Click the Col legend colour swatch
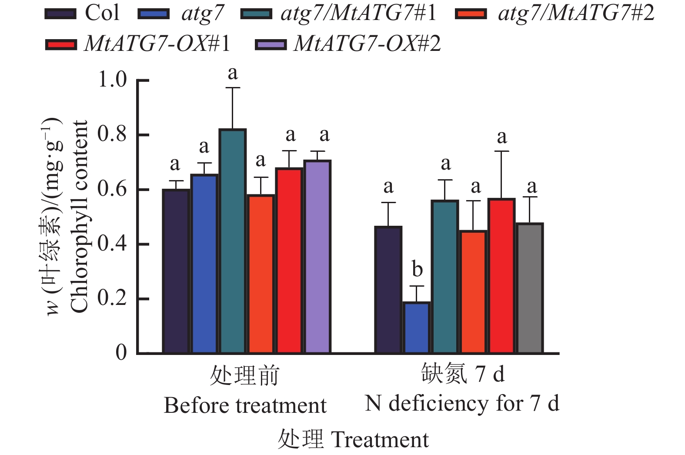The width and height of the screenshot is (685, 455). point(61,14)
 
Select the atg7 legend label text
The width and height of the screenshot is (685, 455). point(202,13)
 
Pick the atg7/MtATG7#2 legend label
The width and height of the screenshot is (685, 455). point(576,13)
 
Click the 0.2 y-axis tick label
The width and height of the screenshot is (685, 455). point(112,298)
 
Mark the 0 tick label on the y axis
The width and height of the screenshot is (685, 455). point(121,352)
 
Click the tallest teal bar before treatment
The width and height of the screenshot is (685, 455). point(233,241)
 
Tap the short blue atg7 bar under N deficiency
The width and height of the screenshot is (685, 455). point(417,327)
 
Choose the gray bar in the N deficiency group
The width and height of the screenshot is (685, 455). point(530,288)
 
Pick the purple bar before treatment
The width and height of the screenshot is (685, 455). point(317,257)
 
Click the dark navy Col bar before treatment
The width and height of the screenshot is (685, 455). point(176,271)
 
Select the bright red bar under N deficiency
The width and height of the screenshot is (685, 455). point(501,276)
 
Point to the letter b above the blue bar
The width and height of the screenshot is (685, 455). point(417,269)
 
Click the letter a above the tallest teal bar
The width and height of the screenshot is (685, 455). point(233,73)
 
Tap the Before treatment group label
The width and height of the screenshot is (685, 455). point(245,405)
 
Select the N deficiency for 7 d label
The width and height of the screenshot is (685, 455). point(462,403)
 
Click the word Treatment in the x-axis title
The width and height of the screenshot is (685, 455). point(380,439)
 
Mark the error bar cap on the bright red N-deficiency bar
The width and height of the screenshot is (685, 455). point(501,151)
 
